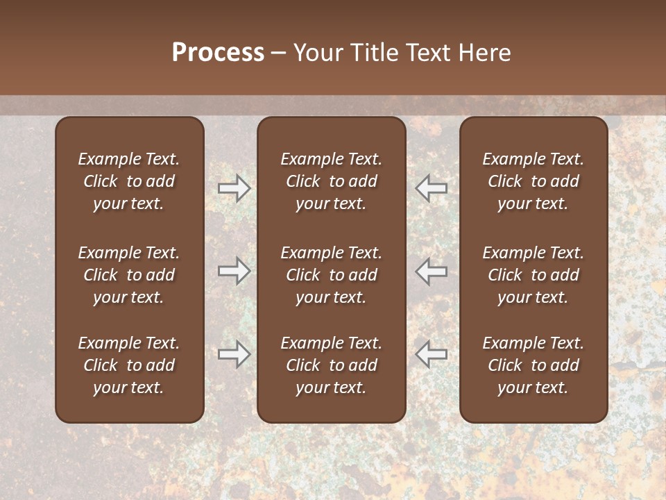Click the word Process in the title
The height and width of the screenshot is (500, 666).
(x=218, y=53)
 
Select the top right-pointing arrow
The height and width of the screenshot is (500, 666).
(x=234, y=187)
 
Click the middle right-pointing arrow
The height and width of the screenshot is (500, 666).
(x=234, y=270)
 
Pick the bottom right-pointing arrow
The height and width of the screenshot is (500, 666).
(x=234, y=354)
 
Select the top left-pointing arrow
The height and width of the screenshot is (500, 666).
(x=431, y=187)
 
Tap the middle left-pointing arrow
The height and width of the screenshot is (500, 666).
(x=431, y=270)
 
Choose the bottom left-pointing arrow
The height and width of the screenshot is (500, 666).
(x=431, y=354)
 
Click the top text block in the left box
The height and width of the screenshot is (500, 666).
(x=129, y=181)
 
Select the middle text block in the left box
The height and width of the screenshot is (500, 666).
(x=129, y=275)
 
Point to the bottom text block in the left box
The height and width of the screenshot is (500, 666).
(x=129, y=365)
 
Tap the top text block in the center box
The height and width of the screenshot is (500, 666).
(x=331, y=181)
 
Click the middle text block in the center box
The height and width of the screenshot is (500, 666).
(x=331, y=275)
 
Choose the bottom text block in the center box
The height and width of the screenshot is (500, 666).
(x=331, y=365)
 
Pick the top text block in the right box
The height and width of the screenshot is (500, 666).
(x=533, y=181)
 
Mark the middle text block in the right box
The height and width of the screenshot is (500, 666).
(x=533, y=275)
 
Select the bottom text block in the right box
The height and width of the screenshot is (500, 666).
(x=533, y=365)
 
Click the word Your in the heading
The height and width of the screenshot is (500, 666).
(x=319, y=53)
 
